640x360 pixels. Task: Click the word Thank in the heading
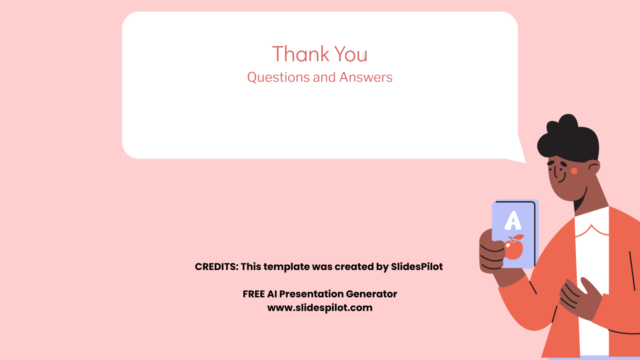pos(300,54)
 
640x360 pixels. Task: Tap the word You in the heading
pos(351,54)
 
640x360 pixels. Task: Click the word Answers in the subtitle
pos(366,77)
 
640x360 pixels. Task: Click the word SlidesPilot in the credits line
pos(417,266)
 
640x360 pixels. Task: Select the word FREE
pos(254,294)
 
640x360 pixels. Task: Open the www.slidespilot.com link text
pos(320,308)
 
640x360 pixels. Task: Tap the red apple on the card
pos(514,250)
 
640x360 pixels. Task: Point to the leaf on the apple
pos(518,237)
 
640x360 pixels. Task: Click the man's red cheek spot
pos(574,171)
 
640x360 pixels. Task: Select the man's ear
pos(594,168)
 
